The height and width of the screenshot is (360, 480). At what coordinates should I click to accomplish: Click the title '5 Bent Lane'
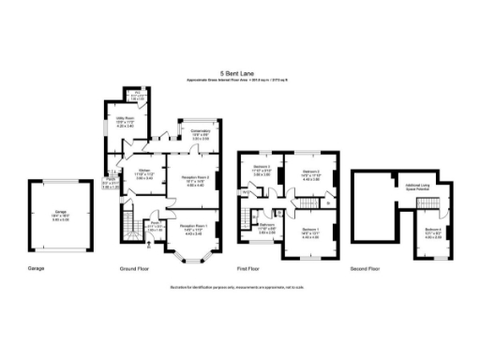tap(239, 71)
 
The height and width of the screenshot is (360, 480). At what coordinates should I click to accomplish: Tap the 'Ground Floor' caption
tap(135, 268)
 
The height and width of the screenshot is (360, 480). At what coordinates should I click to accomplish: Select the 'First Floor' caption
tap(249, 268)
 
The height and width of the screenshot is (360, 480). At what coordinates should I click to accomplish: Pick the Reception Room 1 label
tap(194, 228)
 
